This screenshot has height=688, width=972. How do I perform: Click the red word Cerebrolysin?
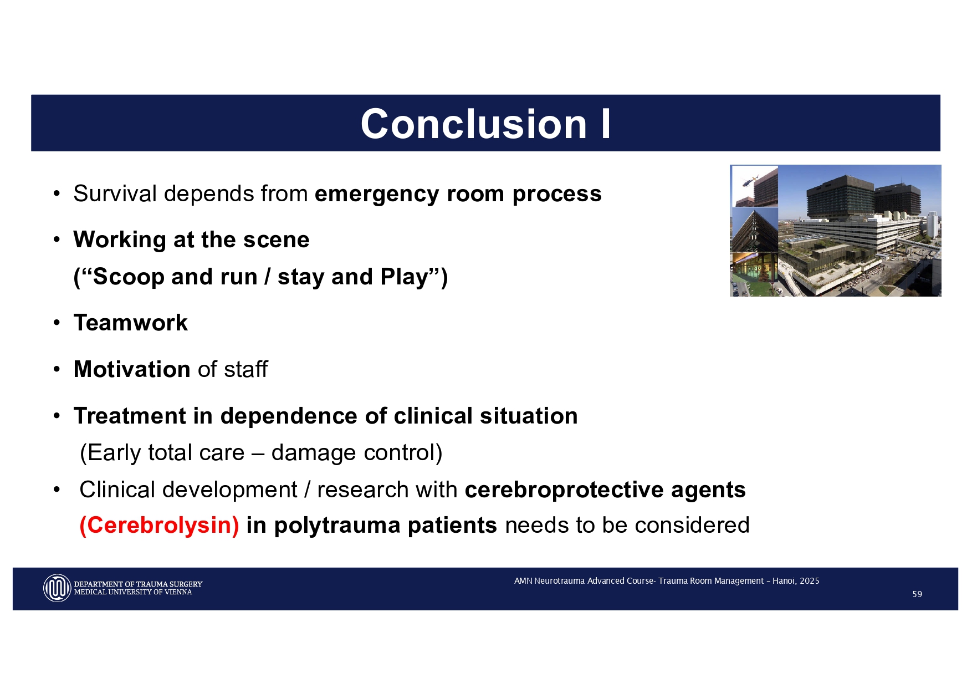click(160, 526)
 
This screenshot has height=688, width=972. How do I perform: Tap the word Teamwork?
click(131, 323)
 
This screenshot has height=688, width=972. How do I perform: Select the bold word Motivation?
click(132, 370)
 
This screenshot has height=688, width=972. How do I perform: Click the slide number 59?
click(917, 594)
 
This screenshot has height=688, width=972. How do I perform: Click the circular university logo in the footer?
click(57, 588)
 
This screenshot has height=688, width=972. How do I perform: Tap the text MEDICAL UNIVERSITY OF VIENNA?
click(133, 593)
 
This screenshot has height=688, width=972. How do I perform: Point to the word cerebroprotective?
click(564, 490)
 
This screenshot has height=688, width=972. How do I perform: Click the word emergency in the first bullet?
click(377, 194)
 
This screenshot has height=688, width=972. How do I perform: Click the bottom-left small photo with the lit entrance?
click(754, 274)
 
